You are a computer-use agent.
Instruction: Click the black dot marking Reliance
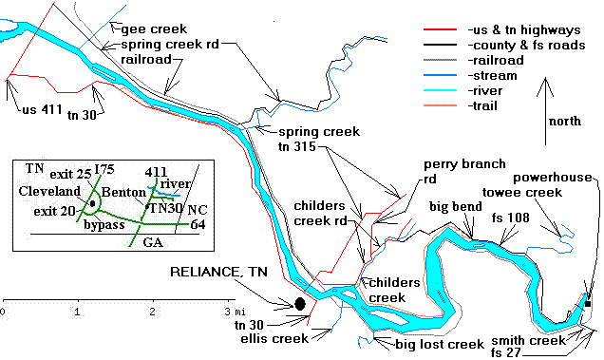(x=300, y=304)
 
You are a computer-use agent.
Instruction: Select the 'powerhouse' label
(x=552, y=178)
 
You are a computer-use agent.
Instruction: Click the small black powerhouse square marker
(x=589, y=304)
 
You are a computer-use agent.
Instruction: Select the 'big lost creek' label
(x=419, y=344)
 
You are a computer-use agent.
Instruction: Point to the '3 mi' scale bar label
(x=231, y=312)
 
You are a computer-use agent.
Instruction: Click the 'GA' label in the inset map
(x=153, y=243)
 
